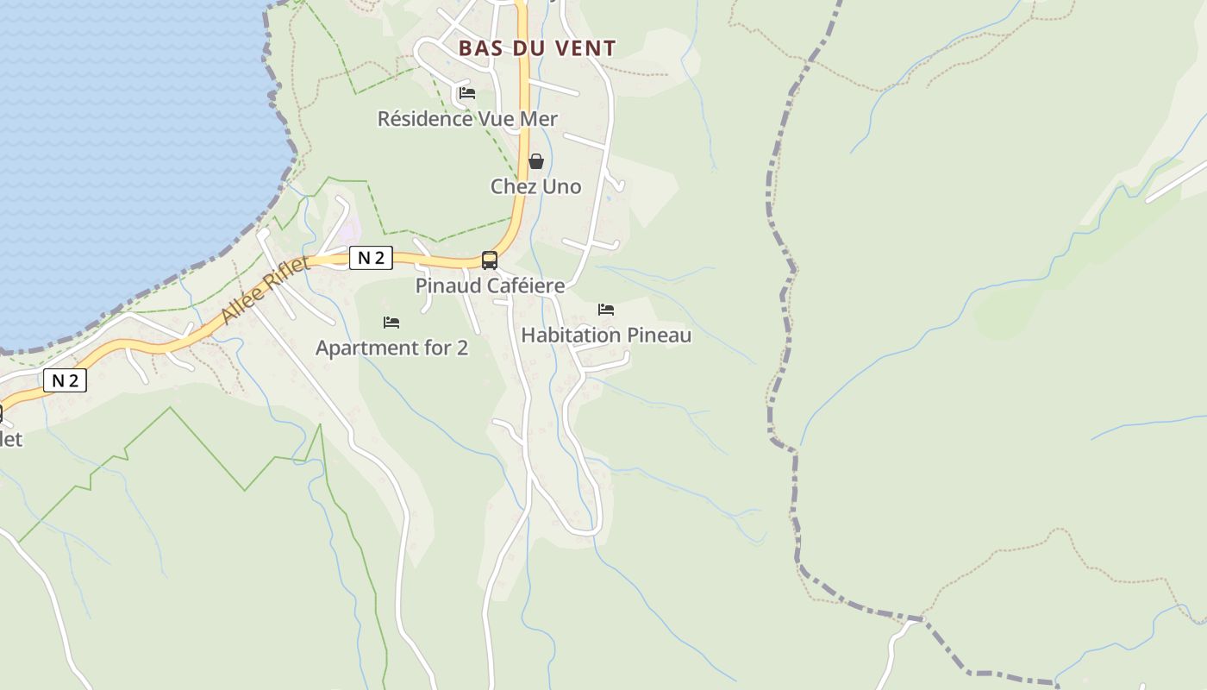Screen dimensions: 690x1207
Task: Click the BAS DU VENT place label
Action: click(537, 48)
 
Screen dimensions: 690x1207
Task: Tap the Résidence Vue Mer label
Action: click(467, 119)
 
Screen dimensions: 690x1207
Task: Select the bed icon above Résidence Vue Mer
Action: click(467, 93)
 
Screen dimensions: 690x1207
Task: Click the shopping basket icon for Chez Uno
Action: click(536, 161)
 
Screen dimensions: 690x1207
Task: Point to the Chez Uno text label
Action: click(536, 186)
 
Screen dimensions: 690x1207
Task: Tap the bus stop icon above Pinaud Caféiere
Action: click(490, 260)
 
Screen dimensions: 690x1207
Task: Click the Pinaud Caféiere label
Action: click(490, 285)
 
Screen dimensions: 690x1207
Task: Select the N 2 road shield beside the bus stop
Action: click(371, 258)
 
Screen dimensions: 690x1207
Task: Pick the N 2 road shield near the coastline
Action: click(65, 380)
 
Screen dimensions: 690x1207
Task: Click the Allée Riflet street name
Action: click(265, 291)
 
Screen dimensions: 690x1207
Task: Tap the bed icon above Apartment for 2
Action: click(391, 323)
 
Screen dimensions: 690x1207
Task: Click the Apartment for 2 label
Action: click(391, 348)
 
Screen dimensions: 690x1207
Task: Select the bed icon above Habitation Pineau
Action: click(606, 310)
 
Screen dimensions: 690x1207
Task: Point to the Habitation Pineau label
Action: click(606, 335)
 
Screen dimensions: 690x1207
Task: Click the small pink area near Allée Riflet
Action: click(349, 230)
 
